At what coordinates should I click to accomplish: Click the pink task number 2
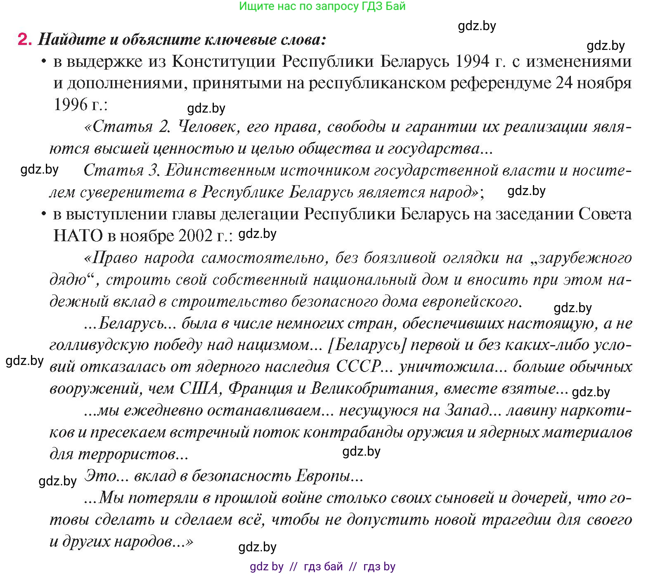coord(24,40)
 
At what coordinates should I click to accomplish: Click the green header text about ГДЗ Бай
coord(322,6)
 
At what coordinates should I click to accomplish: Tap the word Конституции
coord(223,62)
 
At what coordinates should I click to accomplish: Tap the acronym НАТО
coord(78,236)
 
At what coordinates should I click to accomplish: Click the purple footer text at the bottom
coord(322,567)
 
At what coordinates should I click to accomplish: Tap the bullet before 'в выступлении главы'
coord(43,214)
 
